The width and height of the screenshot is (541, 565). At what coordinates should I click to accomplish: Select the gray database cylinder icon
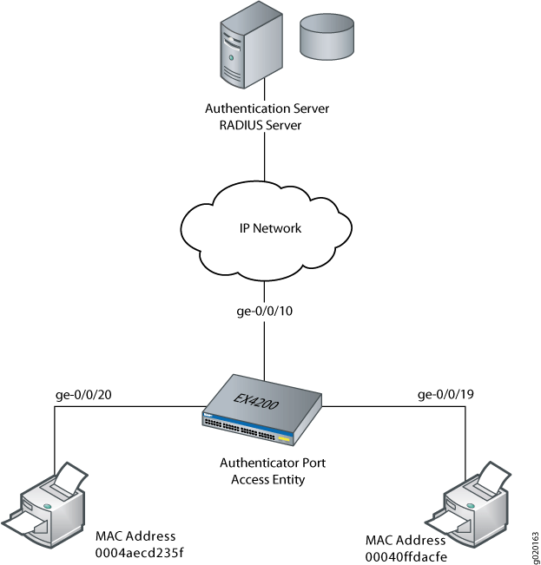pos(327,36)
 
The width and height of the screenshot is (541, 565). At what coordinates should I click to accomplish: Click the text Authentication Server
pos(267,109)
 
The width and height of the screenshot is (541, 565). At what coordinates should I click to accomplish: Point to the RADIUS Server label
pos(267,125)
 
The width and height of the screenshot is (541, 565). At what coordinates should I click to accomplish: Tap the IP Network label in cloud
pos(270,228)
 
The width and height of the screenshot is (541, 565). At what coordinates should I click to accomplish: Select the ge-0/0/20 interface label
pos(83,395)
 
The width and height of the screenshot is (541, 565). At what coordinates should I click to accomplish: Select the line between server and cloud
pos(264,161)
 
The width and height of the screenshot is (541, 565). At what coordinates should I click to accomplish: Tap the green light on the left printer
pos(47,502)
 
